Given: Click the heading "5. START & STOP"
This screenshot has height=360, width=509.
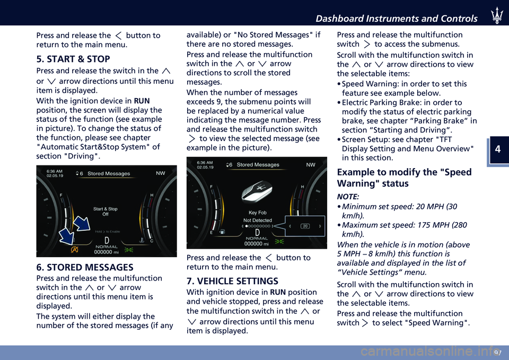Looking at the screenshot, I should pyautogui.click(x=73, y=59).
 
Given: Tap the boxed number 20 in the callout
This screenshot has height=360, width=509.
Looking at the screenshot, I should pyautogui.click(x=305, y=226).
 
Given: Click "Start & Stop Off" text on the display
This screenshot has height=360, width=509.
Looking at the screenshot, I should pyautogui.click(x=105, y=212).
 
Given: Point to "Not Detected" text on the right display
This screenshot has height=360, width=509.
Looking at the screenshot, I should pyautogui.click(x=258, y=220).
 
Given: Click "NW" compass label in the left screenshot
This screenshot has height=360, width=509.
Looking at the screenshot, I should pyautogui.click(x=160, y=173).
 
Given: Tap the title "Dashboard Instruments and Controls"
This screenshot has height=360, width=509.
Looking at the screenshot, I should pyautogui.click(x=397, y=19).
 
